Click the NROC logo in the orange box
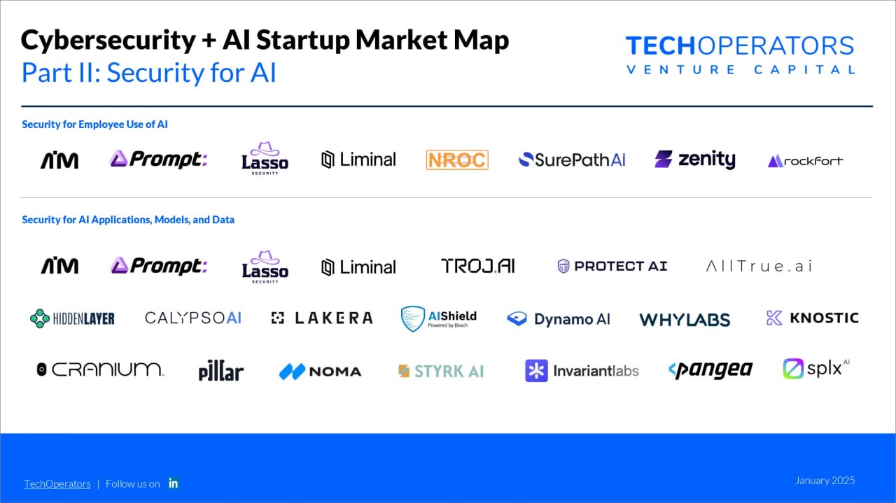click(457, 160)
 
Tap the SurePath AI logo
click(572, 160)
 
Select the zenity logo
click(695, 160)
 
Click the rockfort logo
click(805, 161)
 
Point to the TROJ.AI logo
click(478, 266)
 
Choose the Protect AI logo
click(612, 266)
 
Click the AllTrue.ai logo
click(759, 267)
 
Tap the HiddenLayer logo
click(72, 319)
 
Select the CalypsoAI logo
click(193, 318)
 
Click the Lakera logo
click(322, 318)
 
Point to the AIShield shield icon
click(413, 319)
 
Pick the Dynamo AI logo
click(559, 319)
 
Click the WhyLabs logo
click(685, 320)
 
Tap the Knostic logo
click(813, 318)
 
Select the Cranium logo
click(100, 369)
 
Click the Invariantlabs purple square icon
click(536, 371)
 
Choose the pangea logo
click(710, 370)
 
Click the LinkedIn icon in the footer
click(173, 483)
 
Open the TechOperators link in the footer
click(57, 484)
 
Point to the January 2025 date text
click(825, 481)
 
